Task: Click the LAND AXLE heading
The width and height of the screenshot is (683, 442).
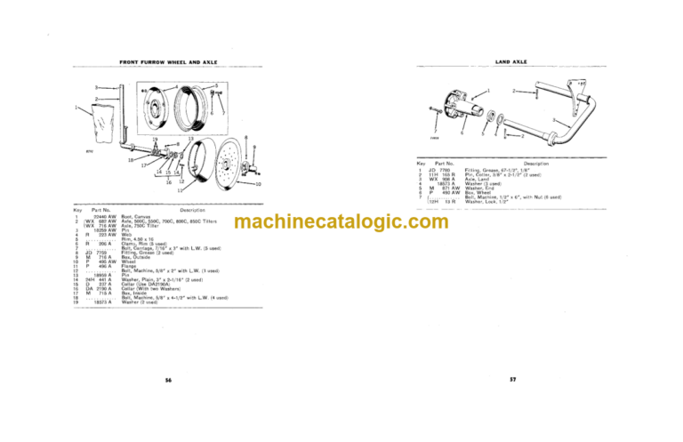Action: click(x=513, y=63)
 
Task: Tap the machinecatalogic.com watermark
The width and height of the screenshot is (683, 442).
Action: click(x=341, y=224)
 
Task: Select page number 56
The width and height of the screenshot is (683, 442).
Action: click(x=168, y=380)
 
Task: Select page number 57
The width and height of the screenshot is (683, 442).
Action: click(x=513, y=380)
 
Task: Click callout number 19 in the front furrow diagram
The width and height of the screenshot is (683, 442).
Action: click(x=153, y=141)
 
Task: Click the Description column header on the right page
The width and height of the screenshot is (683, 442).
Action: click(x=535, y=164)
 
